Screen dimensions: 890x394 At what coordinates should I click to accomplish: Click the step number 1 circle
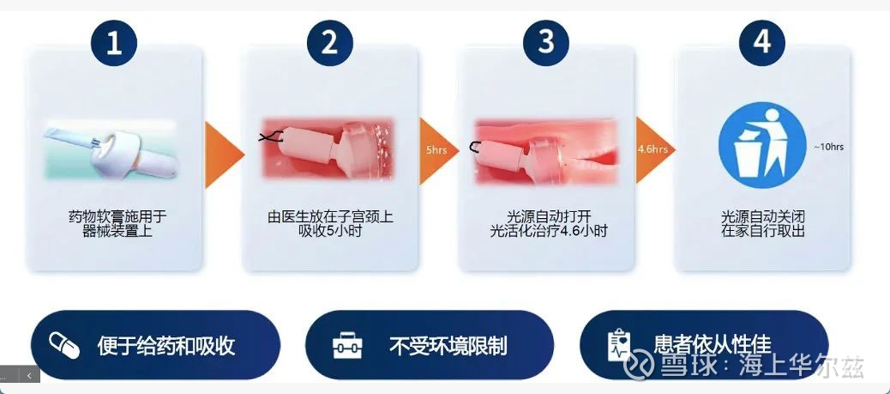pyautogui.click(x=113, y=43)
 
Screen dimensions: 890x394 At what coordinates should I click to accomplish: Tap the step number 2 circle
pyautogui.click(x=330, y=43)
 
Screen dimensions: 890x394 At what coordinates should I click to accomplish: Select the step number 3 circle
pyautogui.click(x=546, y=43)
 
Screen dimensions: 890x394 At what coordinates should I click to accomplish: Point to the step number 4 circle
pyautogui.click(x=761, y=43)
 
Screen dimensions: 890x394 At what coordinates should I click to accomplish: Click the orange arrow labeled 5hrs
pyautogui.click(x=437, y=151)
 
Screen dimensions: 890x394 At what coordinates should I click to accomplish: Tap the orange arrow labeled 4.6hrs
pyautogui.click(x=653, y=150)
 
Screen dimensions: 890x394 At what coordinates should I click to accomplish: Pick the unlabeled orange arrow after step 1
pyautogui.click(x=222, y=154)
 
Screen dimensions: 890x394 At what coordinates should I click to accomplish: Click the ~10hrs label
pyautogui.click(x=828, y=147)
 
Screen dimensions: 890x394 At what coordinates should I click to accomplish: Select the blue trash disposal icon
pyautogui.click(x=761, y=145)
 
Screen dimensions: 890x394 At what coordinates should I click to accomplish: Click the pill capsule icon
pyautogui.click(x=64, y=345)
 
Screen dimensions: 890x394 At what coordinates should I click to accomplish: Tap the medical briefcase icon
pyautogui.click(x=346, y=345)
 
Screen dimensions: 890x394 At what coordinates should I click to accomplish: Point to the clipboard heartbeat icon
pyautogui.click(x=619, y=345)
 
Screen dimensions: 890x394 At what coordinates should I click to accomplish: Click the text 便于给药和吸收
pyautogui.click(x=165, y=345)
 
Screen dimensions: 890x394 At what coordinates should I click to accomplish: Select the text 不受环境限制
pyautogui.click(x=448, y=346)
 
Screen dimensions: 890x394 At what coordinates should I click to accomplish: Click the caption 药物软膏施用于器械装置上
pyautogui.click(x=117, y=224)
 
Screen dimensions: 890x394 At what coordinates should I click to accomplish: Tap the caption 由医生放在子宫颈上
pyautogui.click(x=330, y=217)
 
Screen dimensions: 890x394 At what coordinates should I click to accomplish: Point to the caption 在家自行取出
pyautogui.click(x=763, y=231)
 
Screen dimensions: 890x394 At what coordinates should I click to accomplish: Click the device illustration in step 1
pyautogui.click(x=111, y=149)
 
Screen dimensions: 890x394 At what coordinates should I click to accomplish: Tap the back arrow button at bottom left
pyautogui.click(x=29, y=374)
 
